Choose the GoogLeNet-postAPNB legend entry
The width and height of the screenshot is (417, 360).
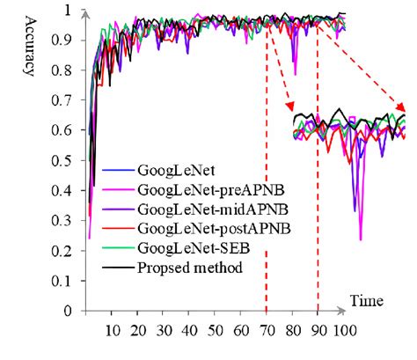coord(194,227)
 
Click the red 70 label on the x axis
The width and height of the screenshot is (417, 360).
coord(266,333)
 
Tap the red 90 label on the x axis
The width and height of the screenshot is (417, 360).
coord(318,333)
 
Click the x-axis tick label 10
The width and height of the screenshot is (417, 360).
coord(111,333)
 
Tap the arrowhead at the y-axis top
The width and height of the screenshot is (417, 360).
coord(84,12)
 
